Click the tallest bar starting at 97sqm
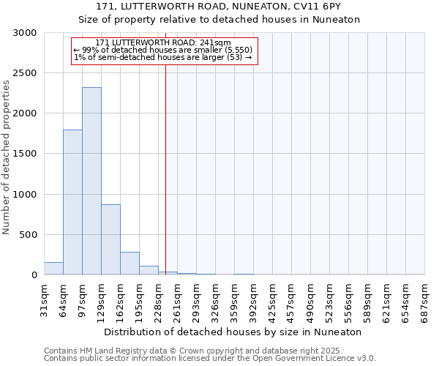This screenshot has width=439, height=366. click(x=91, y=181)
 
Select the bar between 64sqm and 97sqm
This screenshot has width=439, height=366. click(x=72, y=202)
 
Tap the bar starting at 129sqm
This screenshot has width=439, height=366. click(x=110, y=239)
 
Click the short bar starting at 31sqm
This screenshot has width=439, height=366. click(x=53, y=269)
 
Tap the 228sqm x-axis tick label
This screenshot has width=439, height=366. click(x=159, y=299)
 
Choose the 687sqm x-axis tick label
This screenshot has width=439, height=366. click(x=425, y=299)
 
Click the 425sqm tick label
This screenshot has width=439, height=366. click(x=273, y=299)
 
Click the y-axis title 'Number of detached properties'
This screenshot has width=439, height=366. click(x=7, y=158)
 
